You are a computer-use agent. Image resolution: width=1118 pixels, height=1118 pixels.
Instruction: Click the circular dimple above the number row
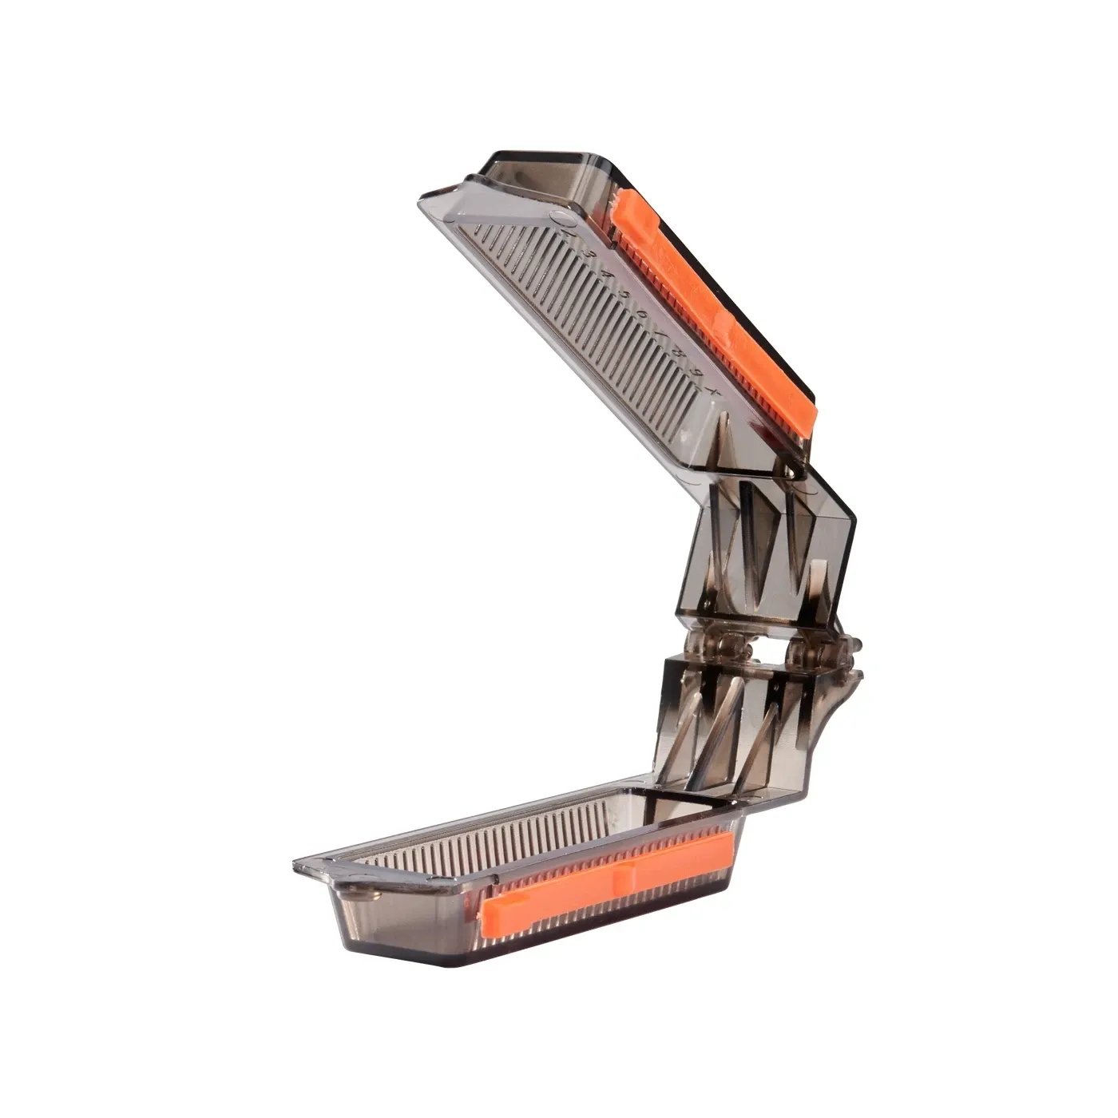point(558,217)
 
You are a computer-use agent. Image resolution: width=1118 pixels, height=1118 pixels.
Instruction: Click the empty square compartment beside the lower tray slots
point(695,807)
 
